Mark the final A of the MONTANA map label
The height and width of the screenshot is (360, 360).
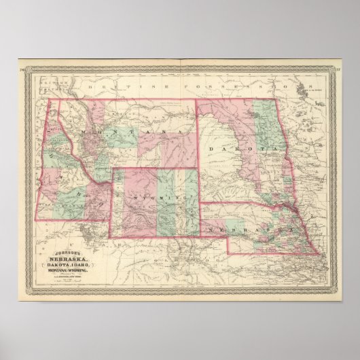[x=181, y=128]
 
